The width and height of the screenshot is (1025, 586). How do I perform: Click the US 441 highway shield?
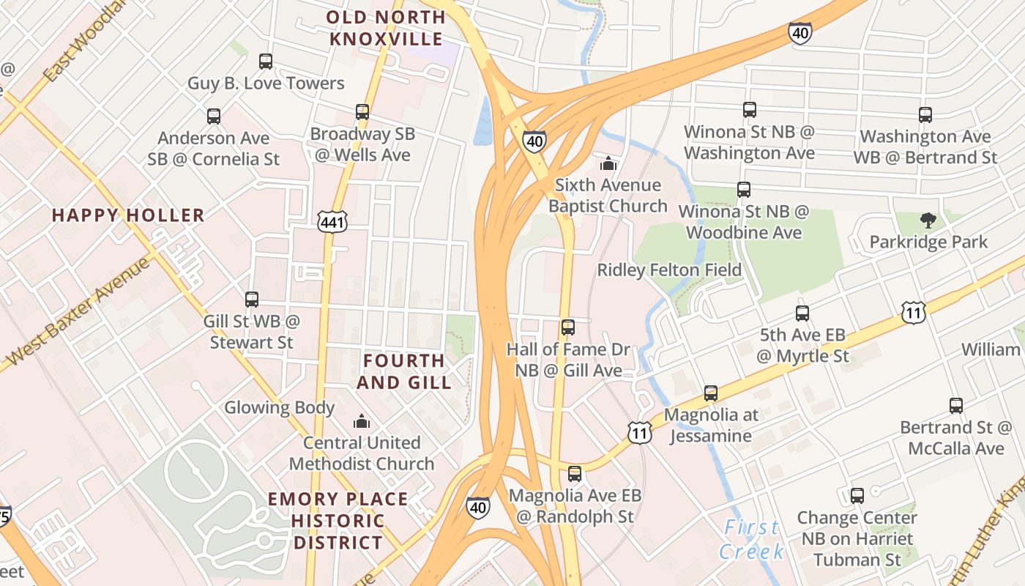[328, 220]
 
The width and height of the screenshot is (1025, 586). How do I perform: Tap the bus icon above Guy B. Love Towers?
[266, 62]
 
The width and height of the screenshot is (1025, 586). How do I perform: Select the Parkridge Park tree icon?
[928, 220]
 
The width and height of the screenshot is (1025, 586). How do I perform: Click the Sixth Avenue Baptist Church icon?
[608, 163]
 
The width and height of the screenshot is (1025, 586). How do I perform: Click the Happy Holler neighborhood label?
[128, 215]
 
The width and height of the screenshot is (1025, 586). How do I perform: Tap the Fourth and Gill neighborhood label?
[403, 371]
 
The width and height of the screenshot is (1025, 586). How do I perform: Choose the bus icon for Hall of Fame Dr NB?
[567, 327]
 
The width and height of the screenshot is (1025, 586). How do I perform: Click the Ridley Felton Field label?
[669, 270]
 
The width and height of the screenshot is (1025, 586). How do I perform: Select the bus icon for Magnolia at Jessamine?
[710, 393]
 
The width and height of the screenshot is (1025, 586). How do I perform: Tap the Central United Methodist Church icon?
[362, 421]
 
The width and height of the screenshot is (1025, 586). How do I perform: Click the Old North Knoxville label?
[385, 28]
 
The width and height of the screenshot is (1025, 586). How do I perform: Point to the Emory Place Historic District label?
[338, 521]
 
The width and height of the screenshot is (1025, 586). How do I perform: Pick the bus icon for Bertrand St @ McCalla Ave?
[955, 405]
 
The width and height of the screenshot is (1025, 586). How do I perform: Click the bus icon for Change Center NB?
[857, 496]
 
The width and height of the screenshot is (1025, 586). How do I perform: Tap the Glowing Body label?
[279, 407]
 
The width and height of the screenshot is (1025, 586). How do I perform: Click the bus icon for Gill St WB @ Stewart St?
[252, 299]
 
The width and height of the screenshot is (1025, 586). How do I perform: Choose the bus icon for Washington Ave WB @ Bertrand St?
[925, 115]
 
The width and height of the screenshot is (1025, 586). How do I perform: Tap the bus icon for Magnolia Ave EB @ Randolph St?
[575, 474]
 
